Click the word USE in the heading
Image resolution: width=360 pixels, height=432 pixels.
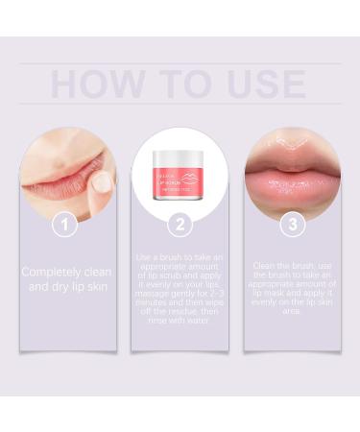[266, 84]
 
